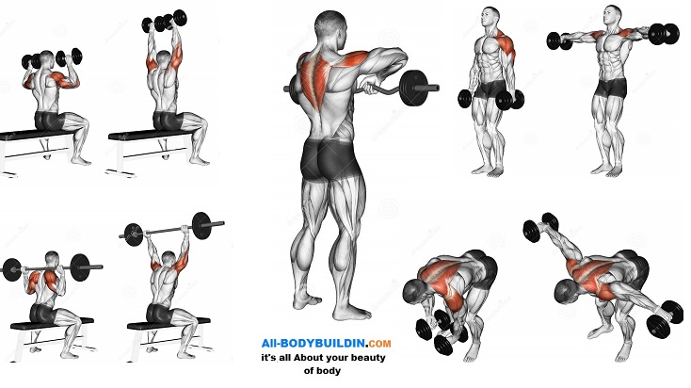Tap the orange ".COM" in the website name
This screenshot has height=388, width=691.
[379, 343]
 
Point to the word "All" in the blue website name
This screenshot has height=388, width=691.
[268, 343]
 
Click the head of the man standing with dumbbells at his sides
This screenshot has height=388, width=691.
[490, 19]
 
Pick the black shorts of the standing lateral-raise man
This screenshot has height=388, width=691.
[611, 89]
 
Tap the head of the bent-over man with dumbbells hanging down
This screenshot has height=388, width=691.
[415, 292]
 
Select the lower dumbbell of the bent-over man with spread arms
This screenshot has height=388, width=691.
[666, 318]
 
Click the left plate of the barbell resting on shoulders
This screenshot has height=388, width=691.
[12, 269]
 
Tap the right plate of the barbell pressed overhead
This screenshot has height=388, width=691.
[201, 226]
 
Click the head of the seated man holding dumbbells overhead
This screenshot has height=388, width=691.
[164, 59]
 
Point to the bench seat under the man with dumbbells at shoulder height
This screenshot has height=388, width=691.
[35, 135]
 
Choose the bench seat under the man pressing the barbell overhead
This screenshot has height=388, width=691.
[169, 325]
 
